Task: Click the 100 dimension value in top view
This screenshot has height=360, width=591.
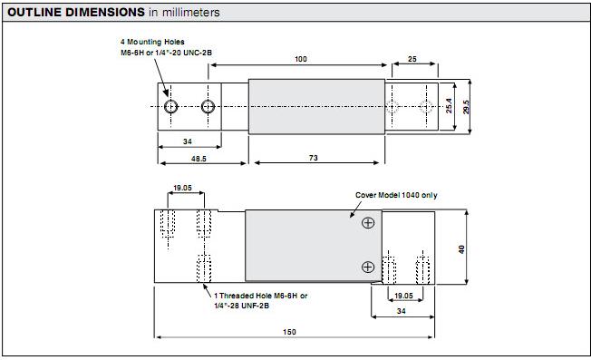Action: tap(301, 59)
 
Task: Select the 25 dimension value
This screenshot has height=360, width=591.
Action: tap(412, 59)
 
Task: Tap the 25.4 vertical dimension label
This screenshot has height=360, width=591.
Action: tap(449, 106)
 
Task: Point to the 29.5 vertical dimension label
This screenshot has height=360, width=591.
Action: tap(466, 107)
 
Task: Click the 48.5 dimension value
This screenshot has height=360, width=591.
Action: tap(199, 159)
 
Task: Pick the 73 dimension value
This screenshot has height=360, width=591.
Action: tap(314, 158)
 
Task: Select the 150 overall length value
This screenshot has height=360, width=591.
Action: tap(289, 332)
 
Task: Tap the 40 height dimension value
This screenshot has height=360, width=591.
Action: tap(461, 249)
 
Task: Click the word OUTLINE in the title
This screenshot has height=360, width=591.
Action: tap(34, 12)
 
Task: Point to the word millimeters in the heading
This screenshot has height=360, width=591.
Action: tap(190, 13)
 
